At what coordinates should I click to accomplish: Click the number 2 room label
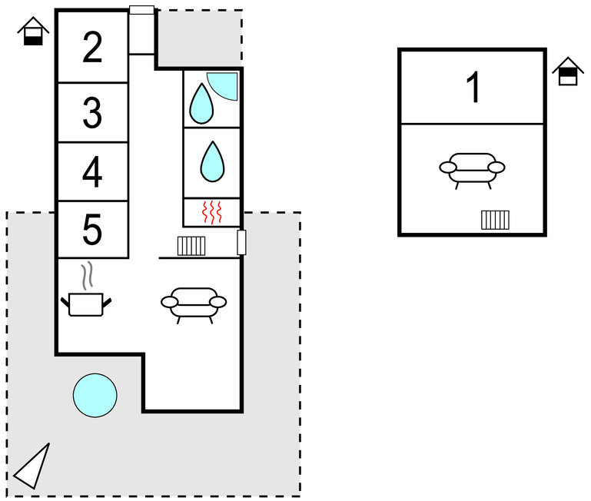click(92, 47)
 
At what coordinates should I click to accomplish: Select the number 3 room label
click(92, 112)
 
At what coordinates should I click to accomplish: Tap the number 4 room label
click(92, 172)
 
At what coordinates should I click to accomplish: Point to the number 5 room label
click(92, 229)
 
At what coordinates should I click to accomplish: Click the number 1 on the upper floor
click(473, 87)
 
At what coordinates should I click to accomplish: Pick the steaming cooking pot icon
click(86, 289)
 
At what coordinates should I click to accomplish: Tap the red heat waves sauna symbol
click(212, 212)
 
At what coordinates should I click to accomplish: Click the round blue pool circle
click(95, 396)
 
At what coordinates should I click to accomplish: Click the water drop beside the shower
click(201, 104)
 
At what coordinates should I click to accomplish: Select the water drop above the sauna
click(213, 161)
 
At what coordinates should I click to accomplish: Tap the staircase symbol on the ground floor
click(191, 246)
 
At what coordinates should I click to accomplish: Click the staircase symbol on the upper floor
click(495, 221)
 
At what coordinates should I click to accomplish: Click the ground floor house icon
click(33, 31)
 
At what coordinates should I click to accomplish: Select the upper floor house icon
click(568, 71)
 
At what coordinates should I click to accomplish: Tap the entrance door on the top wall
click(141, 10)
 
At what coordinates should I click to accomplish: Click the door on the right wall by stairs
click(241, 242)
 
